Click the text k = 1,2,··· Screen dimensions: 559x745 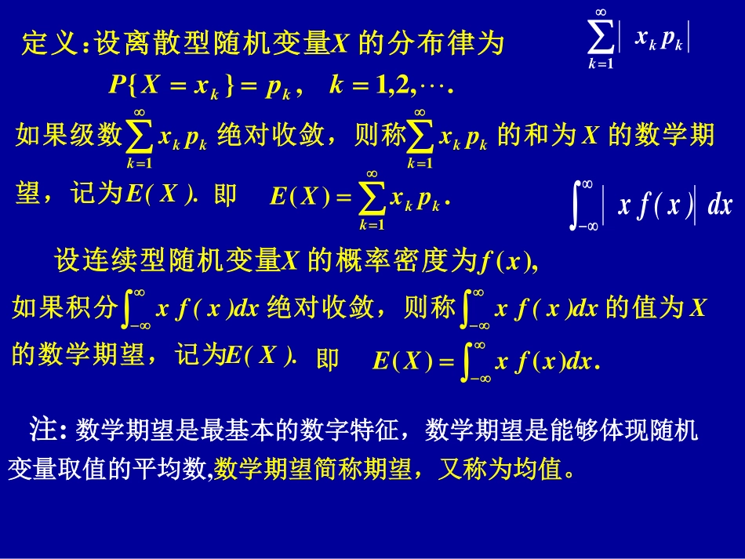click(x=392, y=85)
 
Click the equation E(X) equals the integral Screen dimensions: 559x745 click(x=485, y=361)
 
